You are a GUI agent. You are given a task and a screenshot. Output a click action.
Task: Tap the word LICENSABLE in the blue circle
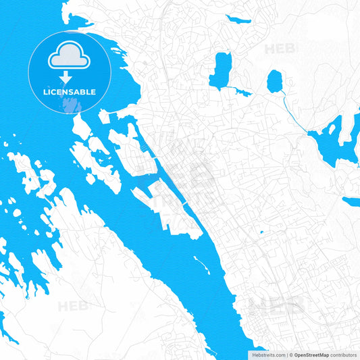pos(69,91)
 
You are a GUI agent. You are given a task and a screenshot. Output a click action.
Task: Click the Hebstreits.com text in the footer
pos(267,355)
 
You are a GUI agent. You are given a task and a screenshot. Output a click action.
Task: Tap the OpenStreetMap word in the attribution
pos(311,355)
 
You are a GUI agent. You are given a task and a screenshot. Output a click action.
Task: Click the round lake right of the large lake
pos(274,82)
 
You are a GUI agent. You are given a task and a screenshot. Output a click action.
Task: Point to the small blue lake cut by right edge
pos(352,201)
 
